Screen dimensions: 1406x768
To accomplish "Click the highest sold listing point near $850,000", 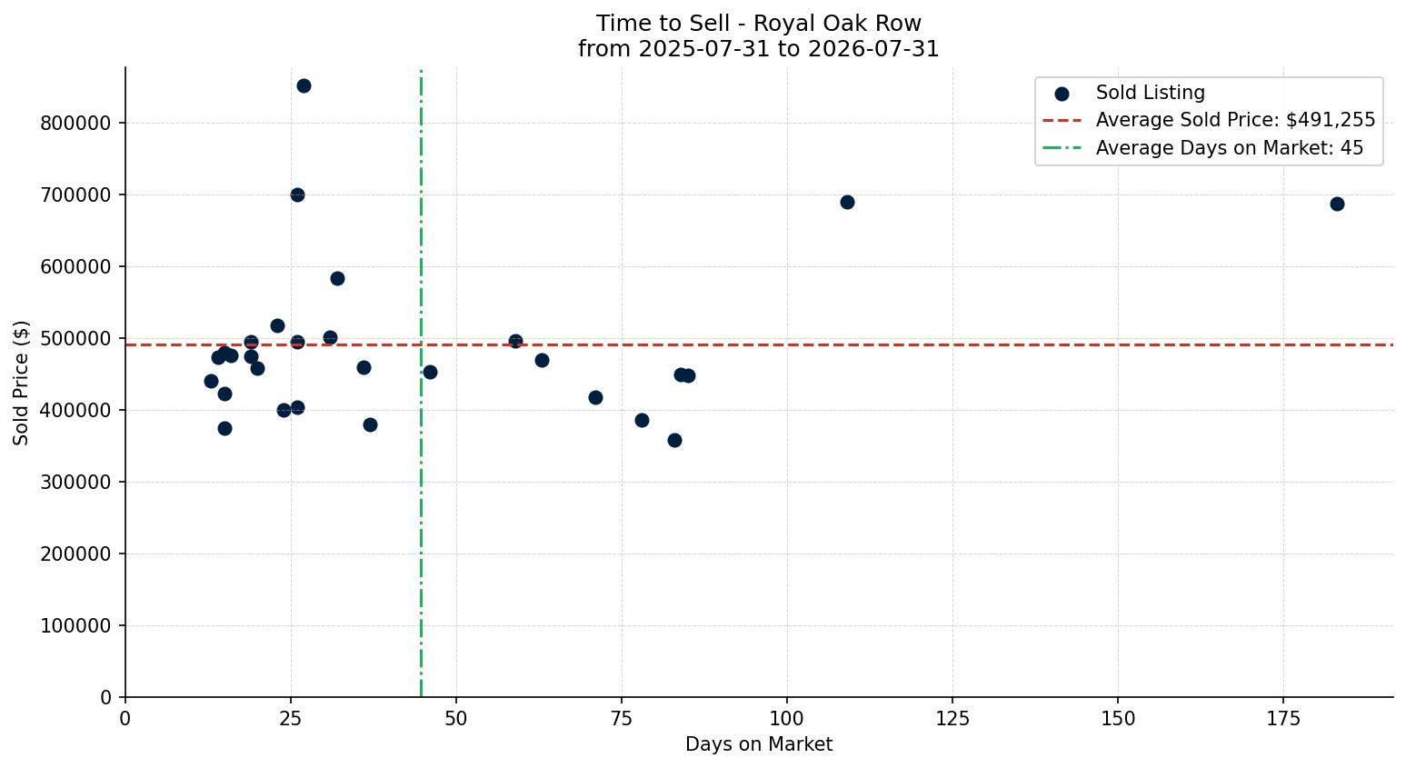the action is point(304,86).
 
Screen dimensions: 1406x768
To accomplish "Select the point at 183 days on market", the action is point(1337,204).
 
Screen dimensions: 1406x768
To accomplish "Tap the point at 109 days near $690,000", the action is point(847,202).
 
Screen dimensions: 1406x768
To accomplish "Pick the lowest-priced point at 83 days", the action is point(674,441).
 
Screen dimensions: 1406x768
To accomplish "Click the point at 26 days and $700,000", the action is point(297,195).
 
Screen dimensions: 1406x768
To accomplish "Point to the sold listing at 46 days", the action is point(430,372).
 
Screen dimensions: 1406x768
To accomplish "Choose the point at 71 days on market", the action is point(595,398).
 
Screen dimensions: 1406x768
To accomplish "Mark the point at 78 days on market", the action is point(642,421).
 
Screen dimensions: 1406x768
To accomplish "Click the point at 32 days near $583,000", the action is point(337,279).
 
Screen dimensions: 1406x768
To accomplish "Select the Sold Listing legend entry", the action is point(1123,93).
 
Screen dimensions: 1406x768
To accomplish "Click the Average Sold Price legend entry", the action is point(1209,120).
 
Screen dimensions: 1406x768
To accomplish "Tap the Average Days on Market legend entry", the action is point(1202,148).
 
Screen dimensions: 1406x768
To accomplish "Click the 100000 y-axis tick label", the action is point(76,626).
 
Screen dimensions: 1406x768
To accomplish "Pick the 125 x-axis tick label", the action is point(952,719).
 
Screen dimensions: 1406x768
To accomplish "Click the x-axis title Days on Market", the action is point(759,744).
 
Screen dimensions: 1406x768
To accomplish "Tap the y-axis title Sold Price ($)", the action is point(21,383).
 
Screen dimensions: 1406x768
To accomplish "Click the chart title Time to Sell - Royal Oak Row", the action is point(759,24).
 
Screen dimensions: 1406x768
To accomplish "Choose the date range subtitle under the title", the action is point(759,49).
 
